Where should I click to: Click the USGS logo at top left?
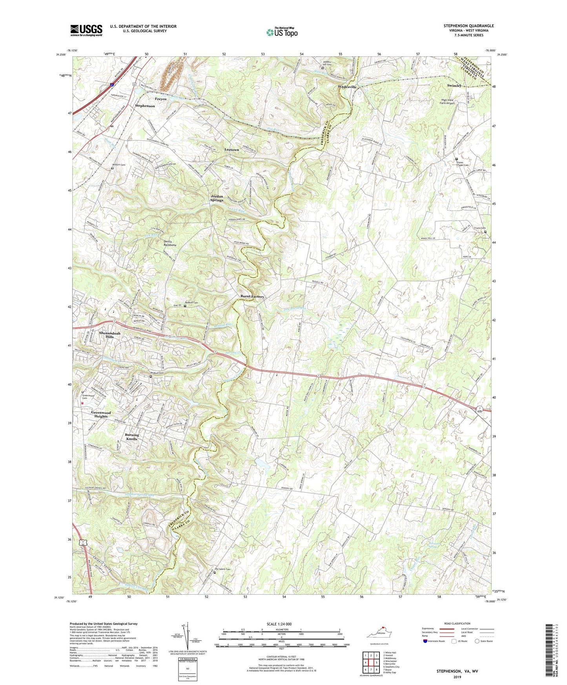click(x=86, y=30)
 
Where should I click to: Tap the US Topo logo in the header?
click(x=282, y=32)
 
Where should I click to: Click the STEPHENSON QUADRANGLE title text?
click(x=469, y=26)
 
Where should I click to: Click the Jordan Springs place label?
click(x=217, y=198)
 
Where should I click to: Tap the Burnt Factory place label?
click(x=252, y=297)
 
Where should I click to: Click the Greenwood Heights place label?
click(x=101, y=414)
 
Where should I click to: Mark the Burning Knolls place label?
click(x=131, y=437)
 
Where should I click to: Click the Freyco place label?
click(x=160, y=99)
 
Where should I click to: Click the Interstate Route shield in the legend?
click(x=425, y=641)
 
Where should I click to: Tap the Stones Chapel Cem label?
click(x=462, y=163)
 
